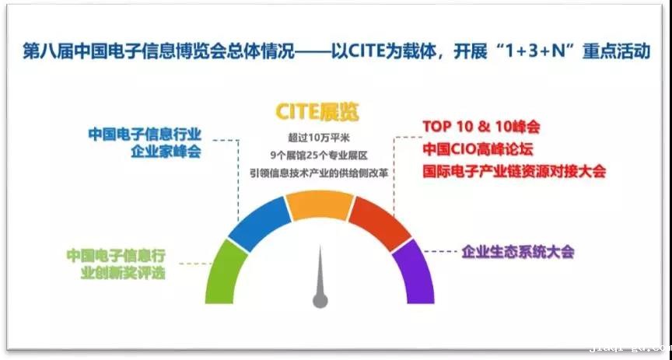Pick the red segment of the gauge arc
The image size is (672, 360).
pyautogui.click(x=378, y=221)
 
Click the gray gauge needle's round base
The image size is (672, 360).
pyautogui.click(x=320, y=299)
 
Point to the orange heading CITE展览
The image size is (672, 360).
pyautogui.click(x=317, y=112)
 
